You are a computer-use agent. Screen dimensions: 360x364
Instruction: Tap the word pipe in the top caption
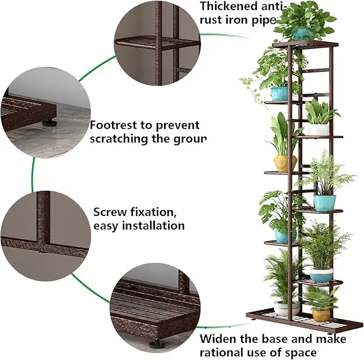(x=263, y=21)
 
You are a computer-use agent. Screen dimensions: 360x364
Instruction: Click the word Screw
(x=111, y=212)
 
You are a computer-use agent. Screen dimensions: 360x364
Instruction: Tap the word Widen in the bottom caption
(x=218, y=339)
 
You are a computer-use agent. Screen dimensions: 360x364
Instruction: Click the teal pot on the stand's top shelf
(x=302, y=34)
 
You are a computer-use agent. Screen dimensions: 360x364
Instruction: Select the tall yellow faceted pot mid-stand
(x=285, y=163)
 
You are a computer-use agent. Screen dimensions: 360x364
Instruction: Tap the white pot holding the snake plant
(x=318, y=129)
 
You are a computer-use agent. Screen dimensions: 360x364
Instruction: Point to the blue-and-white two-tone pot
(x=322, y=275)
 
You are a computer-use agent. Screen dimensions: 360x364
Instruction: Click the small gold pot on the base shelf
(x=322, y=315)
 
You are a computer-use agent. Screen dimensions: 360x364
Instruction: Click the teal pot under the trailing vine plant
(x=279, y=93)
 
